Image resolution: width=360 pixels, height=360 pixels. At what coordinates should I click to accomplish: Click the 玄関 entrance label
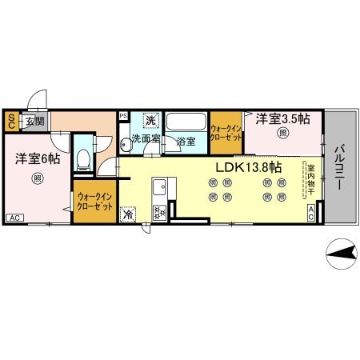(34, 122)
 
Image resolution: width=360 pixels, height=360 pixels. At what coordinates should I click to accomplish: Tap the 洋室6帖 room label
(38, 158)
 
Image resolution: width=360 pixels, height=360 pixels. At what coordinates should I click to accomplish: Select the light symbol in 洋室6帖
(37, 178)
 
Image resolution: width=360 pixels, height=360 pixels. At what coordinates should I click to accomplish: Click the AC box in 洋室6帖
(14, 218)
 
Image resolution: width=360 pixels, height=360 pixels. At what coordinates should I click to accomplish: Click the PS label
(122, 115)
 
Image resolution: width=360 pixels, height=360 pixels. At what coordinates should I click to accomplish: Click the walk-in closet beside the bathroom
(226, 131)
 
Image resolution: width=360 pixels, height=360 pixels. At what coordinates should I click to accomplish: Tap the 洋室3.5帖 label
(283, 119)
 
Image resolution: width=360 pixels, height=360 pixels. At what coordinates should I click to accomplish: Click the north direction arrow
(340, 254)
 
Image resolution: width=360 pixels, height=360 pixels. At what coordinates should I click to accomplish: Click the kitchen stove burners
(158, 212)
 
